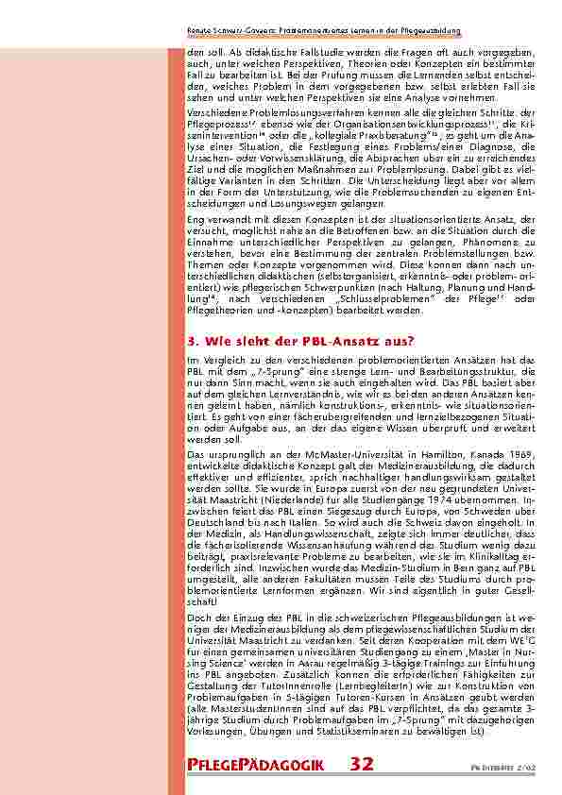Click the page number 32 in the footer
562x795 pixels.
(x=362, y=764)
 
